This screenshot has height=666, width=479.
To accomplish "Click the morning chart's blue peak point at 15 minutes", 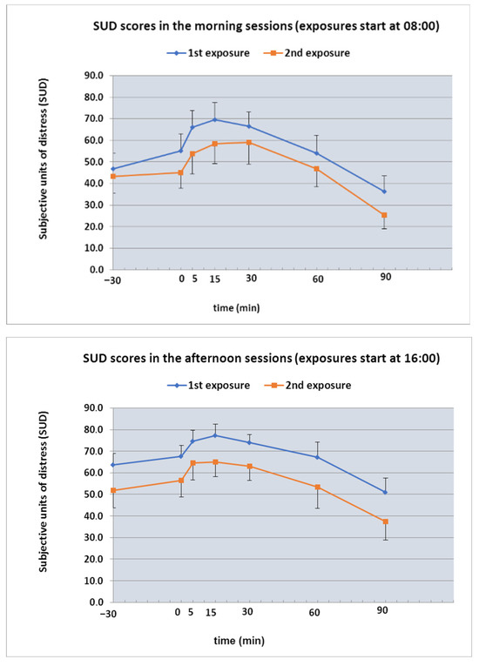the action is tap(215, 120).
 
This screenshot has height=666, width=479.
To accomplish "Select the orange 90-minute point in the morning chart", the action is tap(384, 215).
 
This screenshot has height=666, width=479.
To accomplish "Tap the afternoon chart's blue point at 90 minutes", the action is tap(385, 492).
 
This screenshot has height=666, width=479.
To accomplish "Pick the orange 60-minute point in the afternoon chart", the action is tap(318, 488).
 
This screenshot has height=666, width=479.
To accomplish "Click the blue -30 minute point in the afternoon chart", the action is tap(113, 465).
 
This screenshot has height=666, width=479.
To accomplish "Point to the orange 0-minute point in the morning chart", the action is tap(180, 172).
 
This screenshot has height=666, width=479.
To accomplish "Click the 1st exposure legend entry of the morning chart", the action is tap(208, 53).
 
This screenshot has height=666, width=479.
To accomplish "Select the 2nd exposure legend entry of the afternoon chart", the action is tap(307, 386).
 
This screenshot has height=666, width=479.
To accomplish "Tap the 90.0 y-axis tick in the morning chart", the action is tap(94, 76).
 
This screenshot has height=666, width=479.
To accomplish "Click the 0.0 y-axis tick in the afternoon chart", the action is tap(97, 602).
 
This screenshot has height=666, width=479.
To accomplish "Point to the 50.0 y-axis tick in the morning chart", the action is tap(94, 162).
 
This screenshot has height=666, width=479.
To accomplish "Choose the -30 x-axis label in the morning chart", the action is tap(112, 280).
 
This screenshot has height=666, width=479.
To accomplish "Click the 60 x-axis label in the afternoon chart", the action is tap(314, 613).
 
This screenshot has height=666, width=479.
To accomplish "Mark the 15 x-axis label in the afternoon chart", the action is tap(211, 613).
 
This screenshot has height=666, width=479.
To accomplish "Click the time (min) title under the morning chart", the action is tap(236, 307).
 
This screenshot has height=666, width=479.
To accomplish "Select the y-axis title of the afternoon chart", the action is tap(43, 492).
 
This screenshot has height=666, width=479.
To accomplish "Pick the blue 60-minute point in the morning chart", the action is tap(317, 153).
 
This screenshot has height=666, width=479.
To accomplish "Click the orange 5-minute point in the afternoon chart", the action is tap(193, 463).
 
